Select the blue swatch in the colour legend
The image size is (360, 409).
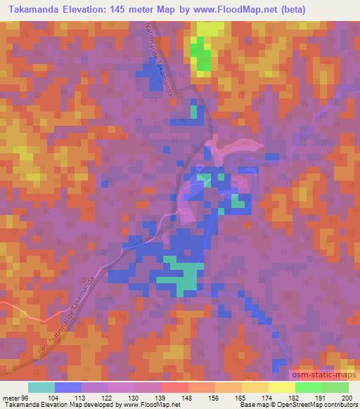click(68, 387)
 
